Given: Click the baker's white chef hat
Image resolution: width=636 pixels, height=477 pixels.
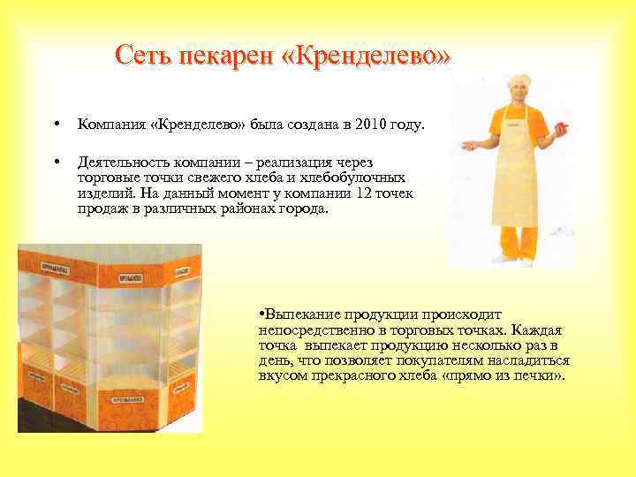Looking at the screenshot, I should click(x=518, y=82).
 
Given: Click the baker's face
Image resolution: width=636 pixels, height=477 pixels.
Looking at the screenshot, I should click(x=517, y=96).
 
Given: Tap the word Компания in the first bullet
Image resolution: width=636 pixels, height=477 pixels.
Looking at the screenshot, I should click(x=112, y=125).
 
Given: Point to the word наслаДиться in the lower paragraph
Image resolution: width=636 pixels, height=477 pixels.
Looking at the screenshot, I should click(x=534, y=360).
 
